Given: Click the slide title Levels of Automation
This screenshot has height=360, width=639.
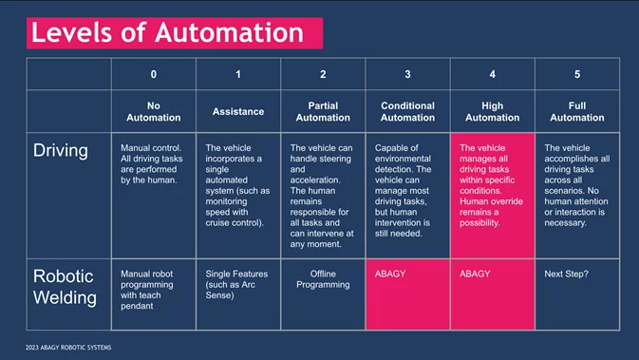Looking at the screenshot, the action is [167, 32].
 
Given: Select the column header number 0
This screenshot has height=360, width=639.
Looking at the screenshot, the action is [153, 74].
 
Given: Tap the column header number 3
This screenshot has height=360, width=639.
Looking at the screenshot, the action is [407, 74].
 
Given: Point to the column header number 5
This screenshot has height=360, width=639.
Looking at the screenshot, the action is [577, 74].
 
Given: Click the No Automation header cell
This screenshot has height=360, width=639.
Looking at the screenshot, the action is [153, 112].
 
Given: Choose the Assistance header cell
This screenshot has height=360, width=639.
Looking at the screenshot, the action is [238, 112].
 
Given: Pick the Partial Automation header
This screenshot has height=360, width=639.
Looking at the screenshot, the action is [323, 112].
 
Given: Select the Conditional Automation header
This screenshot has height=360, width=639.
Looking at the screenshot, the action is [407, 112].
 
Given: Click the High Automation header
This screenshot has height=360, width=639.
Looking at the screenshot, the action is [492, 112].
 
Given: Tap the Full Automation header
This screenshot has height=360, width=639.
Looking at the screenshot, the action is [577, 112].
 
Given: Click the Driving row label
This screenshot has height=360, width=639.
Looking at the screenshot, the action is [61, 151].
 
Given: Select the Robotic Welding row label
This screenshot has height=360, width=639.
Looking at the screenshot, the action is [65, 287].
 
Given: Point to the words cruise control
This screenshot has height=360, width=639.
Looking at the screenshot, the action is [234, 223].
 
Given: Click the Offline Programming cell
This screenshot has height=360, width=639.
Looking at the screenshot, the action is [323, 279].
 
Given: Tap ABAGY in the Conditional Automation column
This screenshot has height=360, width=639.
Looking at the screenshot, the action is [390, 274].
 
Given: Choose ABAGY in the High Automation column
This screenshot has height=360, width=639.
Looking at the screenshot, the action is [475, 274].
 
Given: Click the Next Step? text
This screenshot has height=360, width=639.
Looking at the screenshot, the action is [567, 274].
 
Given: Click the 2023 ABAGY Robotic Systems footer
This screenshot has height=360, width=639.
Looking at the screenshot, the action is [68, 348].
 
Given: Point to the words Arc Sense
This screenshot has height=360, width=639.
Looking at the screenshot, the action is [231, 290].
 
